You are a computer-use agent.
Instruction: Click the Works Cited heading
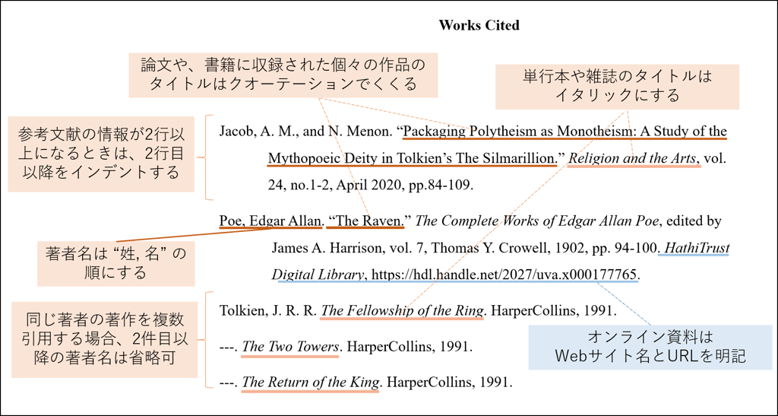click(479, 25)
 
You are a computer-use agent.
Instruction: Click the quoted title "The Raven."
click(368, 221)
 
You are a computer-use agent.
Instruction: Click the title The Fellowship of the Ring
click(402, 311)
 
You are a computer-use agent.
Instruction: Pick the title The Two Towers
click(290, 347)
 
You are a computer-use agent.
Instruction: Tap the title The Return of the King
click(310, 382)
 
